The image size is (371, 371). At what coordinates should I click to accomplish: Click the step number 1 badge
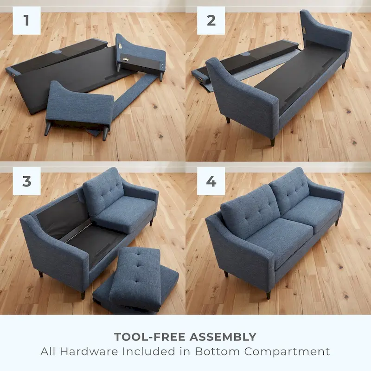point(27,20)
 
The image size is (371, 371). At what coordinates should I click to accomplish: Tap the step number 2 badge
point(211,20)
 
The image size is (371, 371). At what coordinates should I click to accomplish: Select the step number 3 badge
point(27,181)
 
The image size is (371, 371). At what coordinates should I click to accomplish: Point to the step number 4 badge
point(211,181)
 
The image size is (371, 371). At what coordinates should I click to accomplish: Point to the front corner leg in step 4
point(268,294)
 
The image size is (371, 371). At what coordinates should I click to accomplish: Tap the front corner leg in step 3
point(83,295)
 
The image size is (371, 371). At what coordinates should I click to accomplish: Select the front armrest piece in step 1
point(79,104)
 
